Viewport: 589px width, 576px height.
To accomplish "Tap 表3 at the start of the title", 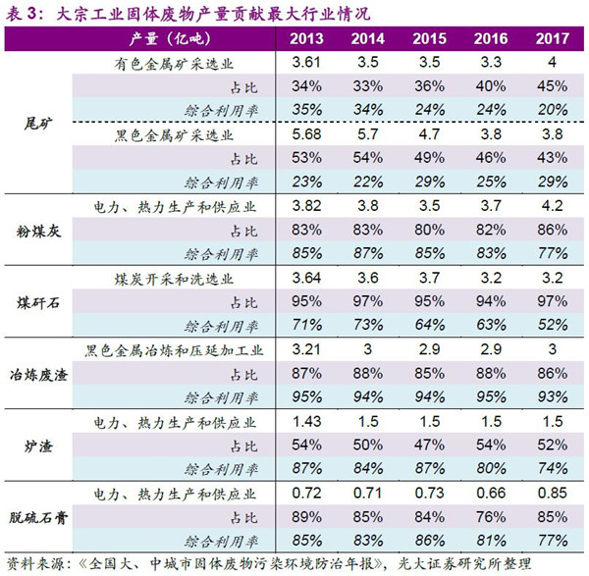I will click(x=21, y=12).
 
